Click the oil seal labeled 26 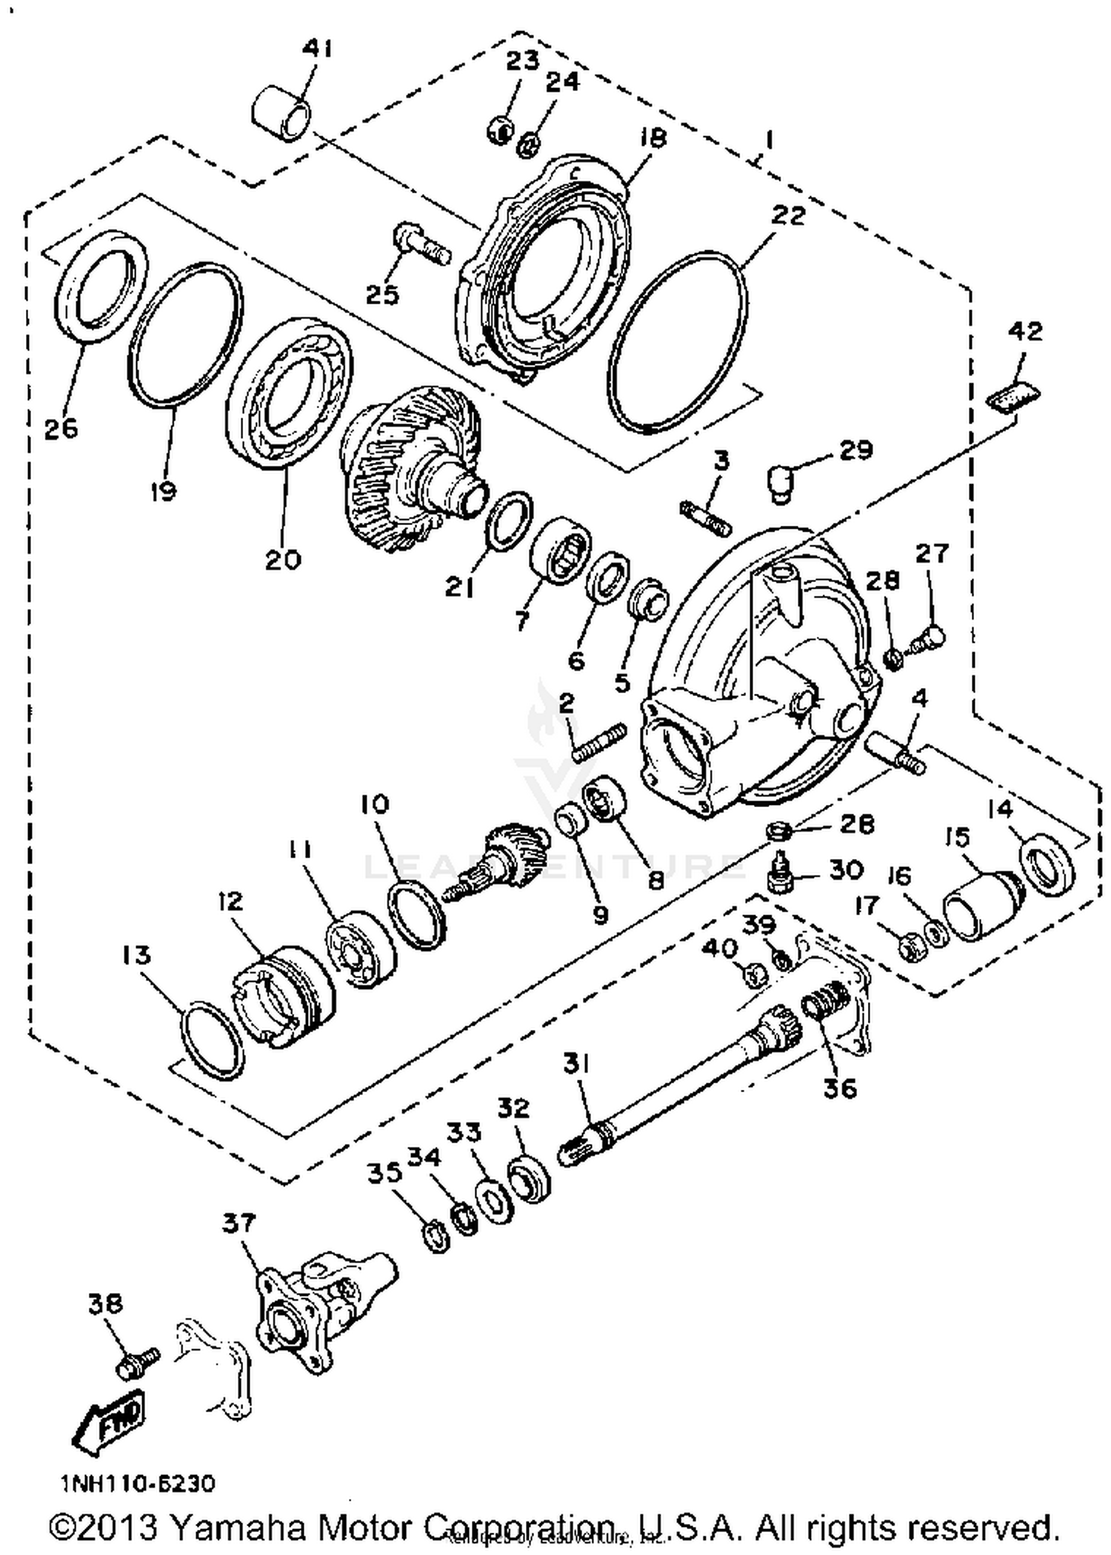[101, 285]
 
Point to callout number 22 [787, 215]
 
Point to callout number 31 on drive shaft [575, 1065]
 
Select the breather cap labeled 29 [779, 481]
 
